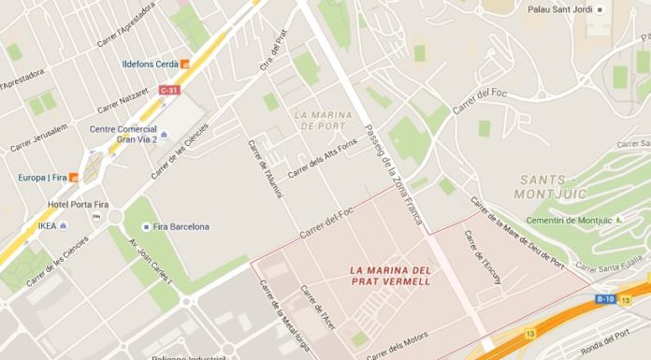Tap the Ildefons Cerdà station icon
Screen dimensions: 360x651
[185, 64]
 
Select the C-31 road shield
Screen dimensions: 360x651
[169, 90]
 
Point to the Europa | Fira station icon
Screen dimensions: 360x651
[73, 177]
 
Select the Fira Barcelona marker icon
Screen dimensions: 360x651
[146, 226]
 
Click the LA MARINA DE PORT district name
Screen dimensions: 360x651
[319, 120]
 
